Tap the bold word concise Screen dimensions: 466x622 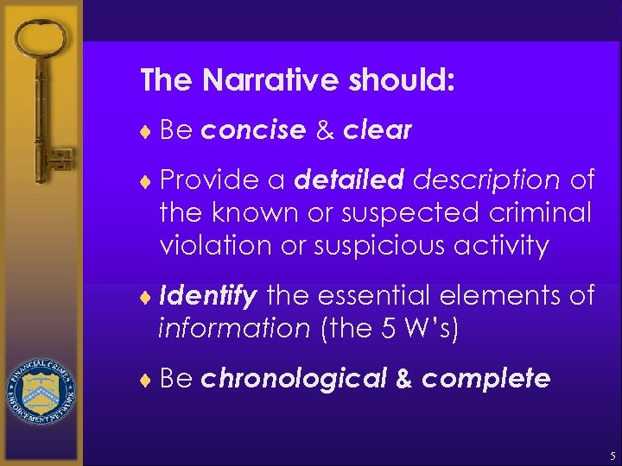(x=253, y=130)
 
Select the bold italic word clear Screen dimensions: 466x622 (x=378, y=130)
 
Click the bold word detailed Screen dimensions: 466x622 (x=349, y=179)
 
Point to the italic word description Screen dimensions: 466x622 (x=486, y=179)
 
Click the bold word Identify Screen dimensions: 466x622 (x=207, y=297)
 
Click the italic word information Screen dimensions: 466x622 (x=233, y=329)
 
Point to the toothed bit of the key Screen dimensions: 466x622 (x=60, y=161)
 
